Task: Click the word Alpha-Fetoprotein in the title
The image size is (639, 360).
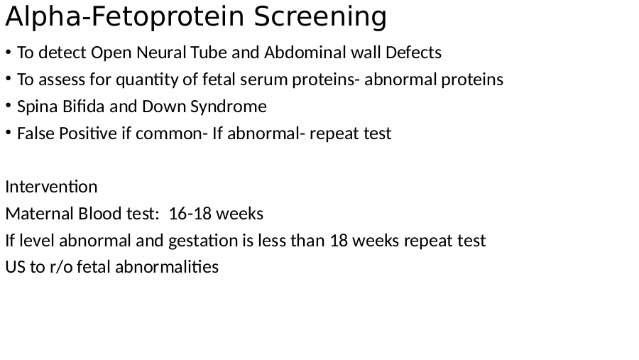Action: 125,17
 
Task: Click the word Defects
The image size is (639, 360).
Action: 413,53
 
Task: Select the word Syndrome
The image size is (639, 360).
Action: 228,107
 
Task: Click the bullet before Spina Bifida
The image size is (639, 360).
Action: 8,106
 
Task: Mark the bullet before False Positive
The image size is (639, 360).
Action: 8,133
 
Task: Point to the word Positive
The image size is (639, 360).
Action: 88,133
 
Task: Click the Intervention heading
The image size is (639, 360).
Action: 51,187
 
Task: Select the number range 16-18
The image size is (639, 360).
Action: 190,214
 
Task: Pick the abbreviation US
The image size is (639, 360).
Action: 15,267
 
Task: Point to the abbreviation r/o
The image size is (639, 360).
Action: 61,268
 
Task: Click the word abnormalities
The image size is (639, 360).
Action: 167,267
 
